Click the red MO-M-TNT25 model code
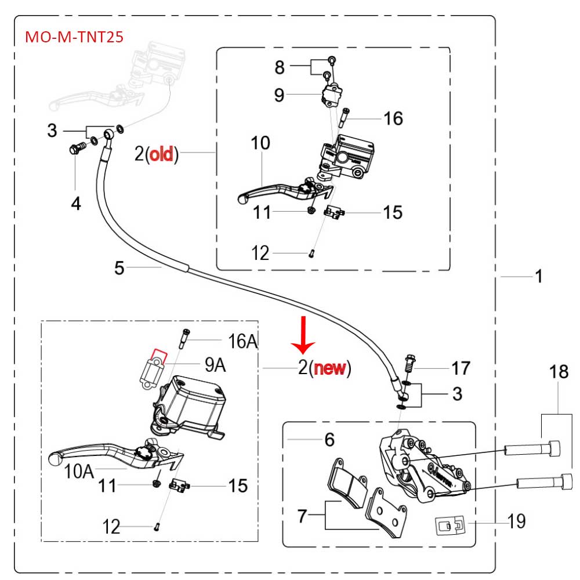coord(74,38)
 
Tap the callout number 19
coord(516,521)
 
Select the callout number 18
coord(559,372)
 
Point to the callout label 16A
coord(242,342)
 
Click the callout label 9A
coord(215,366)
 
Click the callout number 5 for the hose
coord(119,267)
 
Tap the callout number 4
coord(76,203)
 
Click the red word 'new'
coord(331,368)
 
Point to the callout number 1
coord(539,277)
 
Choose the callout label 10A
coord(79,470)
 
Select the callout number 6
coord(329,440)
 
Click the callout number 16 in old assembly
coord(393,119)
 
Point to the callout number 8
coord(280,67)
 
